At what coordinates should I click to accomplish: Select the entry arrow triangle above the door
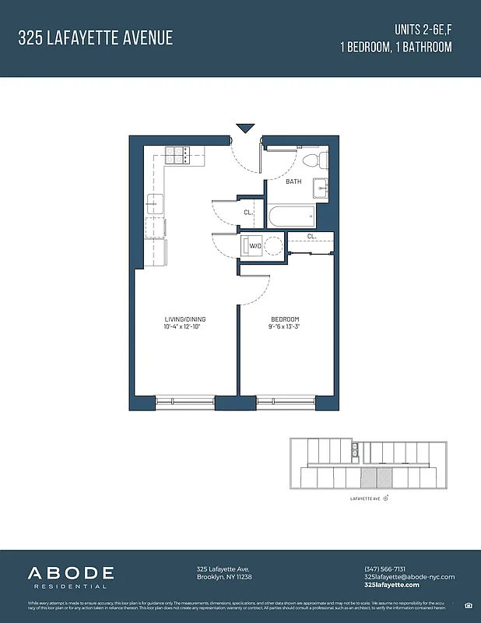click(x=246, y=128)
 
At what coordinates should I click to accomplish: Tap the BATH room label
click(x=293, y=181)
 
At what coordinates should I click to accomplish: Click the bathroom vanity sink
click(x=321, y=188)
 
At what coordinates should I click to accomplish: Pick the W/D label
click(x=255, y=247)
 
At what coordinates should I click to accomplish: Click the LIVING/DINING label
click(x=185, y=319)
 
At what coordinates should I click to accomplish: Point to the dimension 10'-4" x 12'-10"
click(x=185, y=327)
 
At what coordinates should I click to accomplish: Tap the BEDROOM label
click(x=285, y=319)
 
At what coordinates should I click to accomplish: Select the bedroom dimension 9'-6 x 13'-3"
click(x=285, y=327)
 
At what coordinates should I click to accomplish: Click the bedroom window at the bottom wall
click(x=285, y=401)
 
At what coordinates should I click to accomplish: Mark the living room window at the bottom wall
click(x=185, y=401)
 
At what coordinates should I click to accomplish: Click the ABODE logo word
click(x=71, y=574)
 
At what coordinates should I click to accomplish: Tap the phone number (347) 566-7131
click(x=384, y=568)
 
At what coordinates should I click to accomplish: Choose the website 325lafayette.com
click(x=391, y=585)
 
